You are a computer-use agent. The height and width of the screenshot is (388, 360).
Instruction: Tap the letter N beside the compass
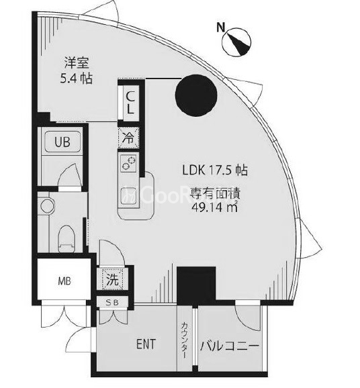pos(221,28)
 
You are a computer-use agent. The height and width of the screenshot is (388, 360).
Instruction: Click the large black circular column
pos(196,95)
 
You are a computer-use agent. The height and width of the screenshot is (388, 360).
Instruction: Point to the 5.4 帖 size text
pos(75,79)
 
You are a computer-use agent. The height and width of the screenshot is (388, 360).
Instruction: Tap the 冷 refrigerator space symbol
pos(128,138)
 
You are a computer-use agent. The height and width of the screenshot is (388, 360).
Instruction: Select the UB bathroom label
pos(61,142)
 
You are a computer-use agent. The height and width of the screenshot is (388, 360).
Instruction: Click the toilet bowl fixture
pos(65,234)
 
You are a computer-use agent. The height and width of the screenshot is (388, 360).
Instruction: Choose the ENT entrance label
pos(146,345)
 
